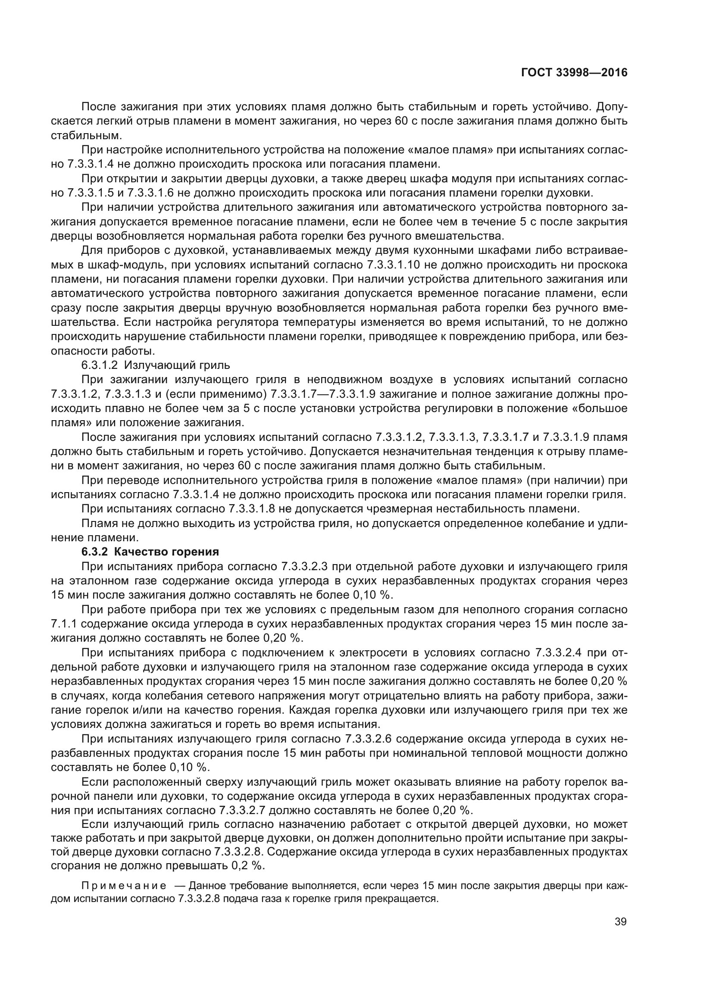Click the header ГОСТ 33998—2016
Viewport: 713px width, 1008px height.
point(574,72)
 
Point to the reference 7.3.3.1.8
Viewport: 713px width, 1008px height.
point(253,509)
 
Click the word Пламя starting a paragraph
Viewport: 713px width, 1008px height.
point(95,523)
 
